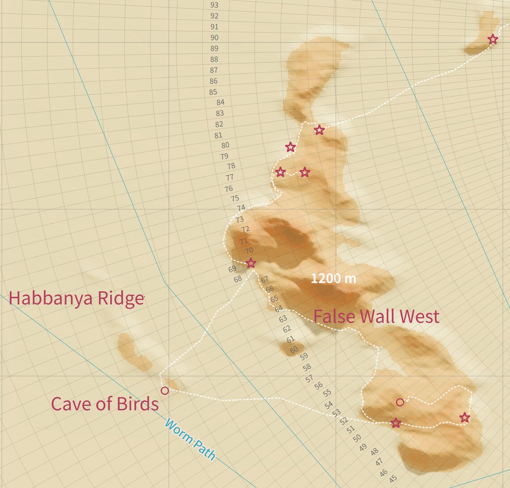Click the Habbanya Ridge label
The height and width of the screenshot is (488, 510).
[76, 299]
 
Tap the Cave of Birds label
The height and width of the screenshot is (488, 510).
[105, 404]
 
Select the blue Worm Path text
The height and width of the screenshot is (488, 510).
[190, 439]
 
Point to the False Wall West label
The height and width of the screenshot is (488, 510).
[376, 316]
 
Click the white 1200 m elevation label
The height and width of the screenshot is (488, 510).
[333, 278]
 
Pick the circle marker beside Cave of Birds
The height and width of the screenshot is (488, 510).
[165, 391]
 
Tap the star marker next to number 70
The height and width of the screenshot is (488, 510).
[251, 263]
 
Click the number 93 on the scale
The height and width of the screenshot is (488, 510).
[214, 5]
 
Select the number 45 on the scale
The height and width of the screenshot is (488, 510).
[393, 479]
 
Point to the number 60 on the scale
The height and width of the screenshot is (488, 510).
[293, 350]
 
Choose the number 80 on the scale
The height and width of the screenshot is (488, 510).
[225, 145]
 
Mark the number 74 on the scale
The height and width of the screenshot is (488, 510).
[241, 208]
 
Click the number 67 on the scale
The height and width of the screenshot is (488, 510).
[265, 279]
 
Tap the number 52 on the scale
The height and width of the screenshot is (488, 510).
[344, 421]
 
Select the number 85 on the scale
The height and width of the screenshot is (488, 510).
[213, 92]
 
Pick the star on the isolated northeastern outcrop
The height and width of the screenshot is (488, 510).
[493, 39]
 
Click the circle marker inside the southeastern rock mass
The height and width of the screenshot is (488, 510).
[400, 402]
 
